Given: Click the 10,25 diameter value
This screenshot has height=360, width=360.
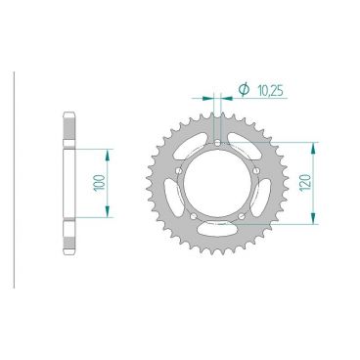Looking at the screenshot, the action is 270,91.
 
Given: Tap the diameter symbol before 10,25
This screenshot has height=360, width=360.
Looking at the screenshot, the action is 244,89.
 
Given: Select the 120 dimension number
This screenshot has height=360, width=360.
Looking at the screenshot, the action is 306,183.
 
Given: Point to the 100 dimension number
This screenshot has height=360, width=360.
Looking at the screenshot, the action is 100,183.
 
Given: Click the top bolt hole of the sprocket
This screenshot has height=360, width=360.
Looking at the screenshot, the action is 217,143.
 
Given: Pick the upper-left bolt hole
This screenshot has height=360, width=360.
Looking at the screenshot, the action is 178,171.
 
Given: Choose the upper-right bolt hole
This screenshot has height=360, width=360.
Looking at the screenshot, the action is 256,171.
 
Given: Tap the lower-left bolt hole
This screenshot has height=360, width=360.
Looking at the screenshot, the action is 194,216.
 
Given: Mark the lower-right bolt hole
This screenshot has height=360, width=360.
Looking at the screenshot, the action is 242,216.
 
